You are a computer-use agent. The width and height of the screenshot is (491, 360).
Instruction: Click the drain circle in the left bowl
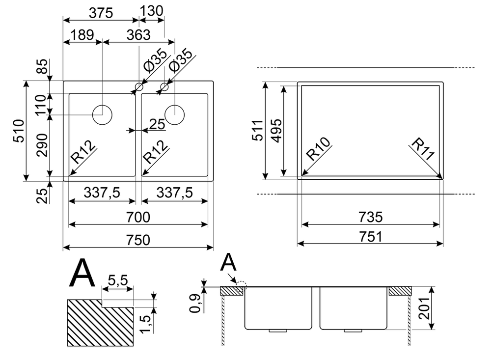tap(102, 114)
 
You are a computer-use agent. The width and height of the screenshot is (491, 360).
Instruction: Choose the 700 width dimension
tap(138, 217)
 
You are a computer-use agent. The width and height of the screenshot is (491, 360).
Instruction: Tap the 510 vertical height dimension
tap(18, 131)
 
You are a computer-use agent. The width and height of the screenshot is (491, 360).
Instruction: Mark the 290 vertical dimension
tap(42, 145)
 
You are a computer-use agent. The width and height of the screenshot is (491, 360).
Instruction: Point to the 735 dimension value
tap(370, 217)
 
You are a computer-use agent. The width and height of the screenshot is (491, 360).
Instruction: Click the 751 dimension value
tap(370, 237)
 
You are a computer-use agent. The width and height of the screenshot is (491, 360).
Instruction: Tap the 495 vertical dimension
tap(276, 131)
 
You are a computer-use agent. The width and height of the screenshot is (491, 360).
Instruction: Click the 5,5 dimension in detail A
tap(117, 280)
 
